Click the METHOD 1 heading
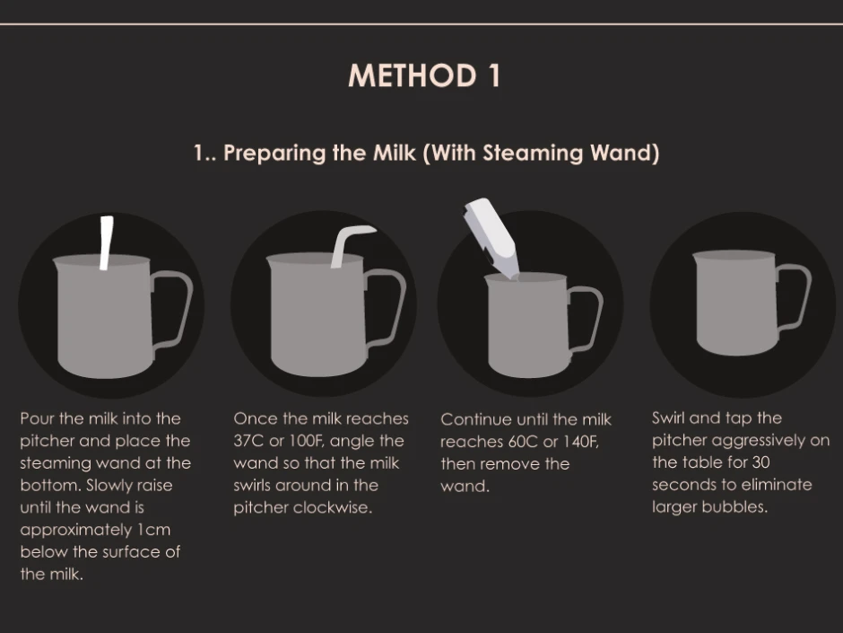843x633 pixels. click(424, 75)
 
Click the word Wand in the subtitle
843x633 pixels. click(625, 153)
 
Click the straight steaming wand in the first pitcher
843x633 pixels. click(107, 242)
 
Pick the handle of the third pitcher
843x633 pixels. click(586, 320)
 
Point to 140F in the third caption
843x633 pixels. click(581, 442)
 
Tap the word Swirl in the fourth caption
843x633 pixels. click(668, 418)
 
